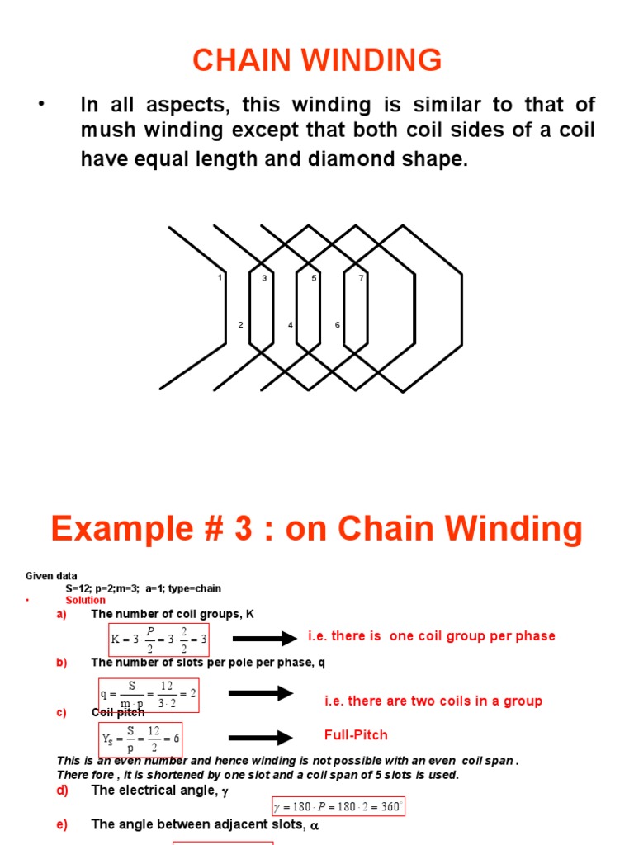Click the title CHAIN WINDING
pyautogui.click(x=317, y=60)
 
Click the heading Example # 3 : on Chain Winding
pyautogui.click(x=317, y=528)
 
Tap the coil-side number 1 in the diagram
pyautogui.click(x=220, y=278)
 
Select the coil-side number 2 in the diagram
pyautogui.click(x=240, y=325)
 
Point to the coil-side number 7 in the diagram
pyautogui.click(x=361, y=278)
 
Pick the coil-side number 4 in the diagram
pyautogui.click(x=290, y=325)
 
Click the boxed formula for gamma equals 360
pyautogui.click(x=338, y=805)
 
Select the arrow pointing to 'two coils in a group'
pyautogui.click(x=260, y=693)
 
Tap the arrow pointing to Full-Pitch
pyautogui.click(x=260, y=737)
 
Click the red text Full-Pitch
pyautogui.click(x=356, y=734)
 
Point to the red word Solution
pyautogui.click(x=86, y=600)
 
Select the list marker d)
pyautogui.click(x=62, y=790)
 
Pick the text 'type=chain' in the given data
pyautogui.click(x=196, y=588)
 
